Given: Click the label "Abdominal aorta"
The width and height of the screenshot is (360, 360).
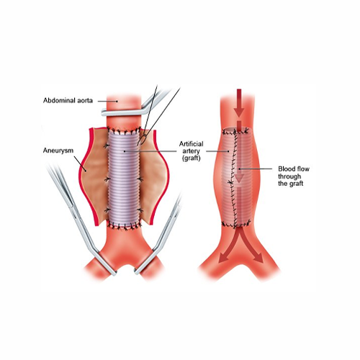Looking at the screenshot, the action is click(68, 100).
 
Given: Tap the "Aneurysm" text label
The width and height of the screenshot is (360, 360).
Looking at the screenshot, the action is click(58, 150).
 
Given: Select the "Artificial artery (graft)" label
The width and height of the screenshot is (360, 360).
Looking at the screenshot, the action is click(192, 151).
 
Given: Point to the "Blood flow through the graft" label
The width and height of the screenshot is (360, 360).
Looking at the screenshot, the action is click(294, 176).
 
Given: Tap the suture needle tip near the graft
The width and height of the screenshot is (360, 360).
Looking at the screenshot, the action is click(138, 145).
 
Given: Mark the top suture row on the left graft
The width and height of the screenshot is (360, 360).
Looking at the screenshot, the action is click(124, 131).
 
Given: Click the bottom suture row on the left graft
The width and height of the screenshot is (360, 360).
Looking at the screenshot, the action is click(124, 225).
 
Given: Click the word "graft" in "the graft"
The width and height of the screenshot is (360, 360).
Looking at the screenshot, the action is click(297, 184).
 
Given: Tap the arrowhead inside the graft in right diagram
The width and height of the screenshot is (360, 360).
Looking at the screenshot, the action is click(239, 178).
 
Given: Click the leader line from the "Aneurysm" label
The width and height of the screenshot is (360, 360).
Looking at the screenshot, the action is click(81, 164).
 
